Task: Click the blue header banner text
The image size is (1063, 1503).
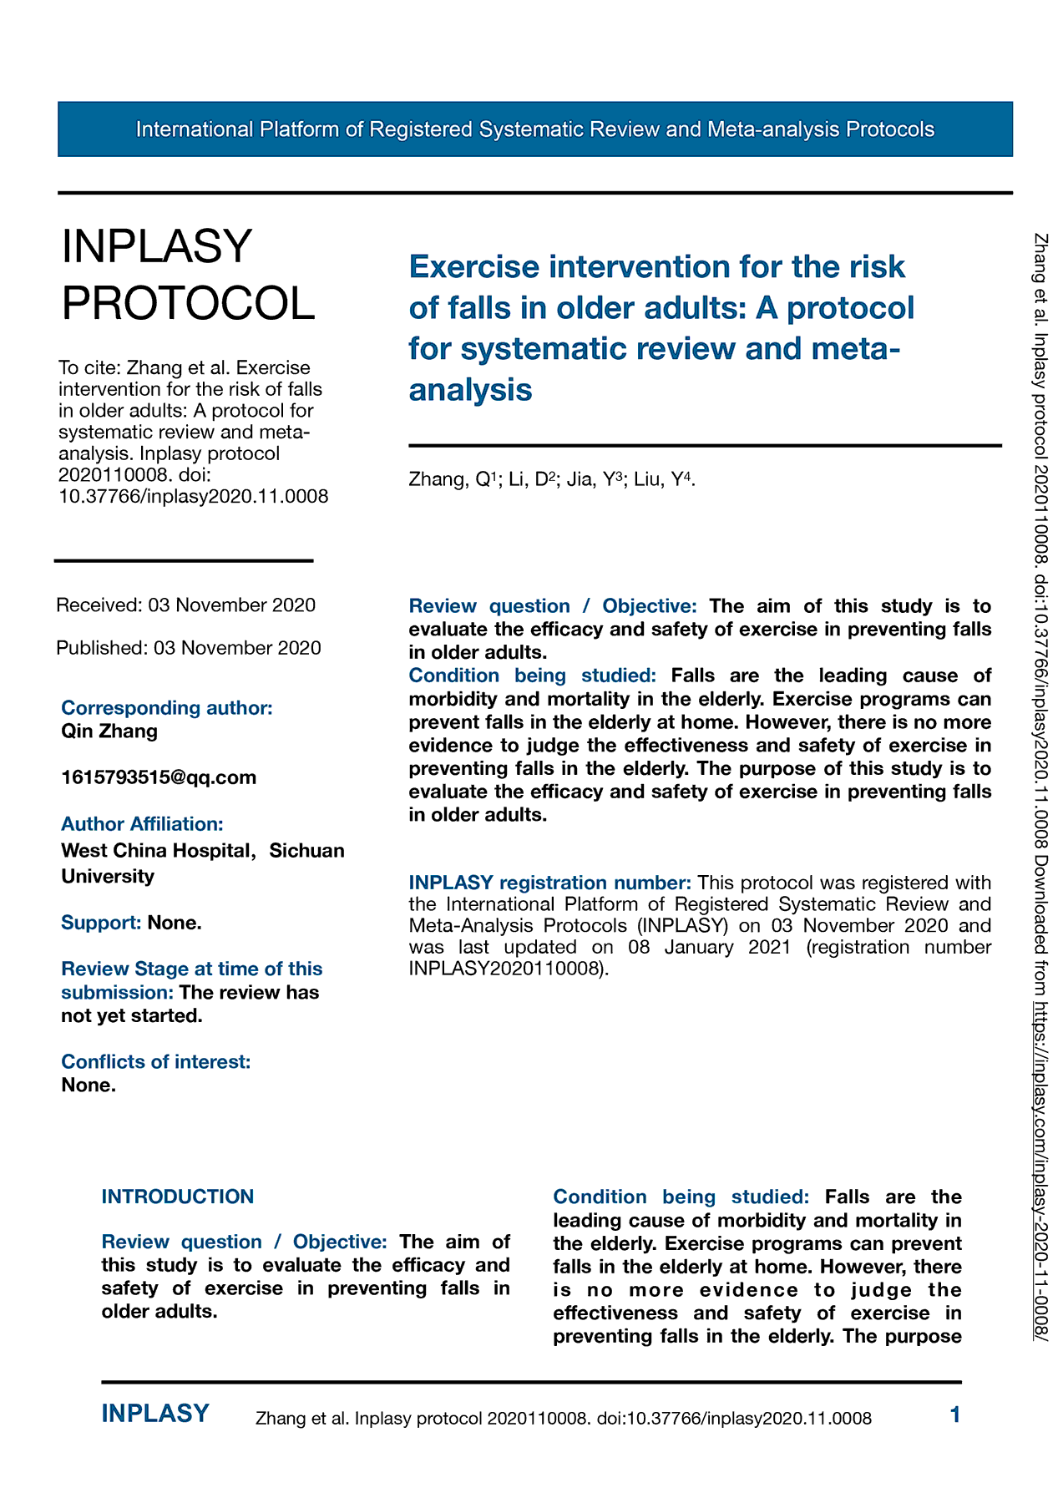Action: pos(534,129)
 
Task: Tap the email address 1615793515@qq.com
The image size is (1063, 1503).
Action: pos(159,777)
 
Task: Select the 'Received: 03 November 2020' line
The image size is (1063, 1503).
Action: pos(185,605)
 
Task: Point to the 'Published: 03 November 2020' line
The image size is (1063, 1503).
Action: pos(188,648)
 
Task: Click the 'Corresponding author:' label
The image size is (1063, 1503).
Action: pos(167,708)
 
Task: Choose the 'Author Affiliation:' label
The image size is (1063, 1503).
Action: pos(142,824)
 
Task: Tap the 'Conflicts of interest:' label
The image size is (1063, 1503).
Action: pos(156,1062)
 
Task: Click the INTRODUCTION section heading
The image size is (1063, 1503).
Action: pos(177,1197)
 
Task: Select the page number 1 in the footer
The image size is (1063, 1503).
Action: pos(955,1414)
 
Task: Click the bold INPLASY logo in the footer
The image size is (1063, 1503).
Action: pos(155,1414)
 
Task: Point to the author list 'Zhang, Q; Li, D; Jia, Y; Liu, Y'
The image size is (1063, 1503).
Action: pos(551,479)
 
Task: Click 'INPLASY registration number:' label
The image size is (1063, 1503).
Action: pos(549,883)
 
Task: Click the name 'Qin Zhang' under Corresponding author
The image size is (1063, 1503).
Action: pos(109,731)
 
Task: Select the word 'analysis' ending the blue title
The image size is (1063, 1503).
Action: pos(470,389)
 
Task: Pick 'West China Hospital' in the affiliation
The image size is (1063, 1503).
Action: pos(156,851)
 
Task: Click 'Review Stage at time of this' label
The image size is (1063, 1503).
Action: pos(191,969)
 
